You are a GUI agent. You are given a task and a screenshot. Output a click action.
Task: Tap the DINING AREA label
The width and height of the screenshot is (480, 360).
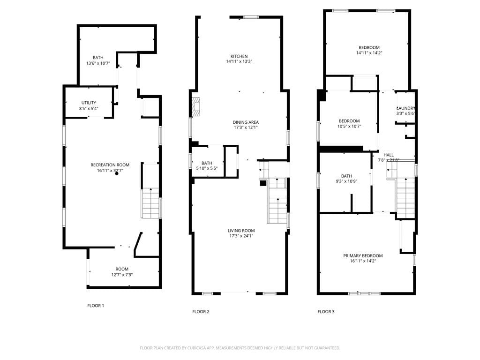[x=246, y=122]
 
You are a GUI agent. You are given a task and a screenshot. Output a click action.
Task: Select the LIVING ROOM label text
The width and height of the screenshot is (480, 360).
[x=241, y=231]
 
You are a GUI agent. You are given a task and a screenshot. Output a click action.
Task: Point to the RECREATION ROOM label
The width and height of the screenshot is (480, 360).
[x=110, y=165]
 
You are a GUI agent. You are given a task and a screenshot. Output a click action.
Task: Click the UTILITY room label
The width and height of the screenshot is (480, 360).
[x=89, y=103]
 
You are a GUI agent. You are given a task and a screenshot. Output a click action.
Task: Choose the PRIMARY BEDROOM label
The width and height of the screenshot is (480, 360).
[x=363, y=256]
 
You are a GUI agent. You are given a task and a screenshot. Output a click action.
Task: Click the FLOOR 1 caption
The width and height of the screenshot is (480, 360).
[x=96, y=306]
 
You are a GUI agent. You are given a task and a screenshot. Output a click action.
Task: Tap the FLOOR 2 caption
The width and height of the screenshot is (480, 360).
[x=201, y=312]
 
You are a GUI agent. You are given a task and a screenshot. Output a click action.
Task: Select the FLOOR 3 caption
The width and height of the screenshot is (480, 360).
[x=326, y=312]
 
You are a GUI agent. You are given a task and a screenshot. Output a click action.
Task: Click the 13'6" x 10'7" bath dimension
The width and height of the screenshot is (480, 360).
[x=97, y=63]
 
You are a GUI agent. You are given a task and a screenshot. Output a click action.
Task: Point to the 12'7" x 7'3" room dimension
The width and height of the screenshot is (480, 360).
[x=122, y=275]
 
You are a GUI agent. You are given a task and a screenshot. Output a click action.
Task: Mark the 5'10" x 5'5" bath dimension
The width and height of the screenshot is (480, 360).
[x=206, y=168]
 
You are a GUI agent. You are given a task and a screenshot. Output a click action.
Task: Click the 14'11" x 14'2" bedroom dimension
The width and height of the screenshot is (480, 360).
[x=369, y=53]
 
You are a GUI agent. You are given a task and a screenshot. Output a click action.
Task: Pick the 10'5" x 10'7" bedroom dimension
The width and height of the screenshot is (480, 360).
[x=349, y=126]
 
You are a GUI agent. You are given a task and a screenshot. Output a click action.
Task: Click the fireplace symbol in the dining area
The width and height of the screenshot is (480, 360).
[x=196, y=107]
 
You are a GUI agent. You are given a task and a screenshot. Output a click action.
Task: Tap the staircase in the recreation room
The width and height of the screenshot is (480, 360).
[x=150, y=203]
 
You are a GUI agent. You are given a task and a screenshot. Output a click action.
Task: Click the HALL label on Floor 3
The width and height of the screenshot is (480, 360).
[x=389, y=155]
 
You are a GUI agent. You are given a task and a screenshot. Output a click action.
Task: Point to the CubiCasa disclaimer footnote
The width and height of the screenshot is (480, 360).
[x=240, y=348]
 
